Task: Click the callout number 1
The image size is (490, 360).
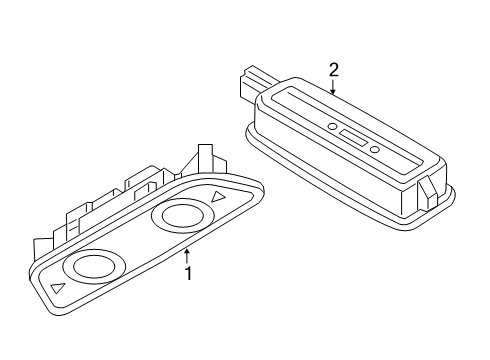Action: pyautogui.click(x=189, y=273)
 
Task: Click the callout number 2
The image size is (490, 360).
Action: pyautogui.click(x=333, y=70)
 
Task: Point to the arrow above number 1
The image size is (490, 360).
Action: pyautogui.click(x=187, y=256)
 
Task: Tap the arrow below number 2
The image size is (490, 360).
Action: pyautogui.click(x=333, y=86)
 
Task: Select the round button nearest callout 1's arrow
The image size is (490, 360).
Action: pyautogui.click(x=182, y=215)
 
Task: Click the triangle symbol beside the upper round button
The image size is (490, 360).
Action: pyautogui.click(x=218, y=197)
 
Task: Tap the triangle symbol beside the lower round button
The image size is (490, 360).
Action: pyautogui.click(x=57, y=288)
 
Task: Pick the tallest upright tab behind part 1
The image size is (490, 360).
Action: pyautogui.click(x=205, y=158)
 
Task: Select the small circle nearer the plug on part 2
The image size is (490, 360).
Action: pyautogui.click(x=332, y=126)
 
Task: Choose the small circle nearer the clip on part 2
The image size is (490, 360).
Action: pyautogui.click(x=375, y=150)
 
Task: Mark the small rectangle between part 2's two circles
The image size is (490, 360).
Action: pyautogui.click(x=353, y=138)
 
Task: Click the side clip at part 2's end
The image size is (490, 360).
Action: pyautogui.click(x=427, y=194)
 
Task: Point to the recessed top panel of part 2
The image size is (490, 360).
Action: pyautogui.click(x=348, y=126)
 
